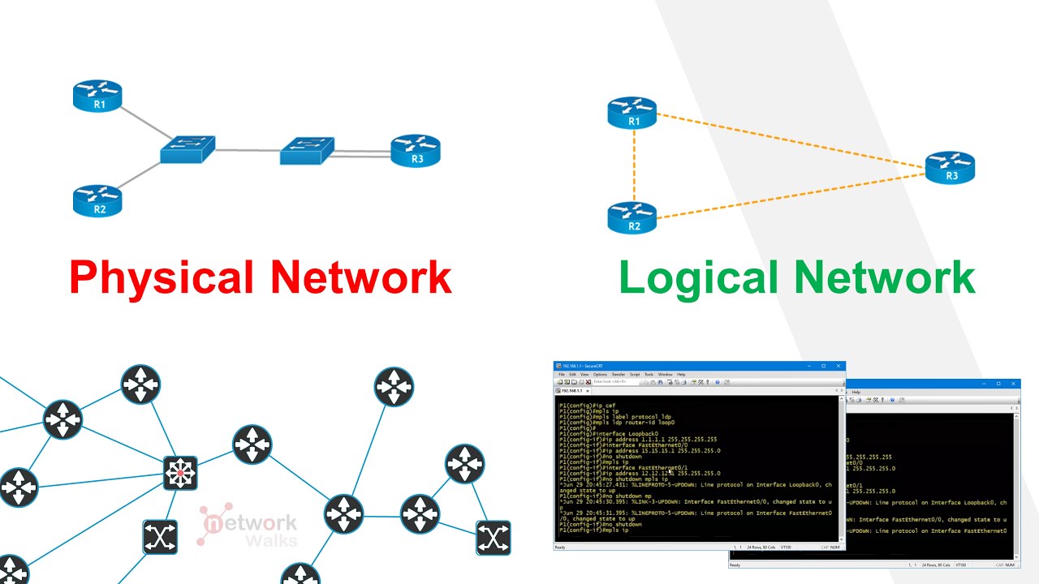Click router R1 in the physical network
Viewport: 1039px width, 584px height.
point(97,96)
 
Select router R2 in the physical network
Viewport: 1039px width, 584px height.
point(97,200)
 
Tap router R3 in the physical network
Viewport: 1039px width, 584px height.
point(415,151)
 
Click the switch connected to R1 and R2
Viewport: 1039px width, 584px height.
point(187,149)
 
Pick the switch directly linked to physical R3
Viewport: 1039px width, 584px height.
point(307,150)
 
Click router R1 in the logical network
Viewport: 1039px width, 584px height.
point(632,114)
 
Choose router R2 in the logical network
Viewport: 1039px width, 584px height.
point(632,217)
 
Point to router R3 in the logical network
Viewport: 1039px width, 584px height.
point(950,167)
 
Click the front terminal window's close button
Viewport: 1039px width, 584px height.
point(838,366)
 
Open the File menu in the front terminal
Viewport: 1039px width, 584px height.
point(561,374)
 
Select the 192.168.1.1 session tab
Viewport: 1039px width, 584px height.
point(571,390)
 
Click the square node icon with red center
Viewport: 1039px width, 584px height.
point(179,473)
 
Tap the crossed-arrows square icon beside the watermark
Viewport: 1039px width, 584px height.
point(160,536)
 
